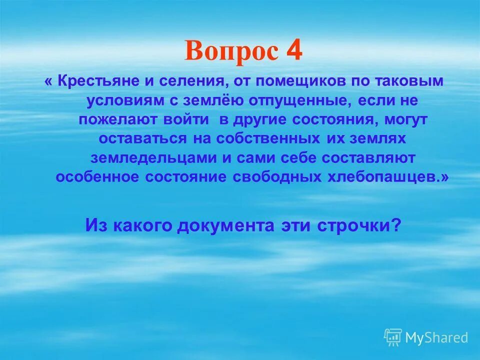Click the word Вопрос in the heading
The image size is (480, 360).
click(x=230, y=52)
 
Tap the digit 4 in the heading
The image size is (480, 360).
click(x=294, y=51)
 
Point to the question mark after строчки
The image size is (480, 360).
click(x=396, y=225)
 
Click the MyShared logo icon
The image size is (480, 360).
click(x=393, y=337)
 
